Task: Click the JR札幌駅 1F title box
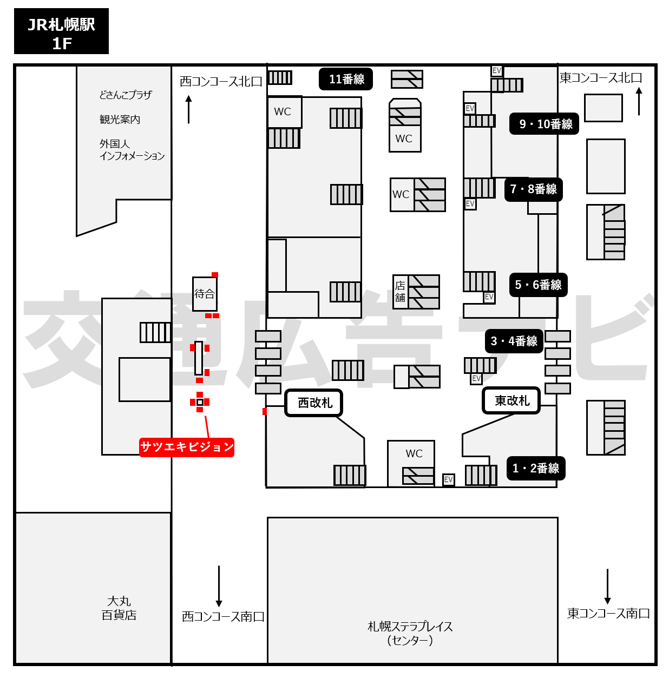point(61,31)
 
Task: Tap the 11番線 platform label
point(346,79)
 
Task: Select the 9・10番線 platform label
point(544,124)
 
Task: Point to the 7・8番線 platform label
point(534,189)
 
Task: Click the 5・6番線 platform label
point(539,285)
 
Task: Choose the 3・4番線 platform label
point(514,341)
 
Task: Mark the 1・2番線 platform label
point(536,468)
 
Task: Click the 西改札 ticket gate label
point(314,403)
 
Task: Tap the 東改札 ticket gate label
point(511,400)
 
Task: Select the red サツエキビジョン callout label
point(187,447)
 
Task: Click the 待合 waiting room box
point(205,294)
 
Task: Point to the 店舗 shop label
point(400,292)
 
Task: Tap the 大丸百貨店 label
point(119,608)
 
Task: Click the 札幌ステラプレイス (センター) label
point(410,633)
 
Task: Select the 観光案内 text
point(120,120)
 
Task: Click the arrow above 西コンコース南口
point(219,586)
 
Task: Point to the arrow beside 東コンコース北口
point(639,101)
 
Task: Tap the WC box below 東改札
point(411,464)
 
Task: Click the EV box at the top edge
point(497,71)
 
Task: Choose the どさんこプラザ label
point(126,95)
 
